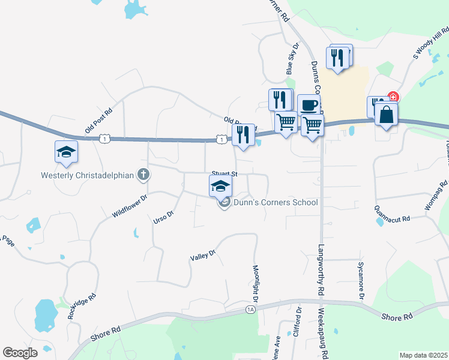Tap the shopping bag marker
(386, 115)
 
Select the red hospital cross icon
(393, 97)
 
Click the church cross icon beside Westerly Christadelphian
(143, 175)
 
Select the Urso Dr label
(163, 216)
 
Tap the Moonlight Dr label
(255, 283)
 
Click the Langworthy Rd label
(321, 269)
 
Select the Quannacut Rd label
(391, 219)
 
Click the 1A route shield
(250, 309)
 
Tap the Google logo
(20, 353)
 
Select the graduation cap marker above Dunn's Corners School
(221, 185)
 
